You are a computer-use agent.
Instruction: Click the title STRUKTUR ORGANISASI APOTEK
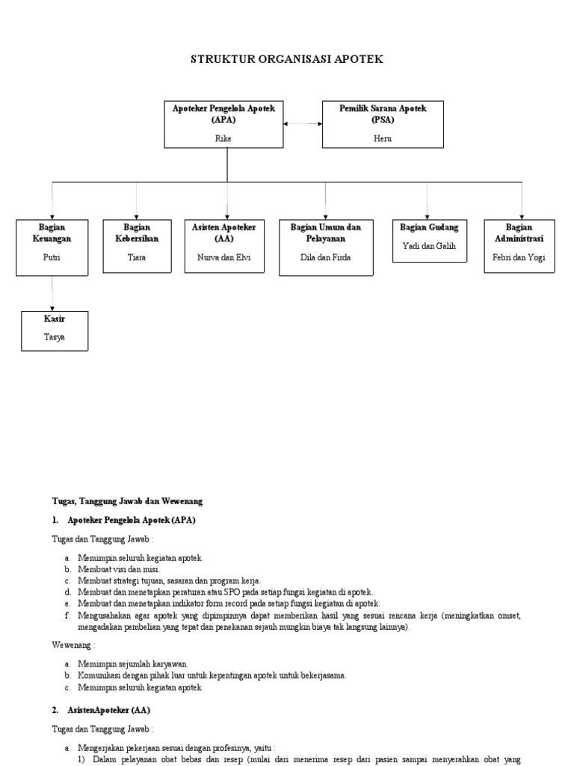pos(287,59)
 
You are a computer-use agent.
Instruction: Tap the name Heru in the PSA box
pos(382,138)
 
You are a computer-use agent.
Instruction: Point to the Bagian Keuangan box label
pos(52,233)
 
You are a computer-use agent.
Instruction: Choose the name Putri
pos(52,257)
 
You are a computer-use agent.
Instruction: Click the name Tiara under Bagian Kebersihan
pos(137,257)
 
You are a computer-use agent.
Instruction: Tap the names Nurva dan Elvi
pos(226,257)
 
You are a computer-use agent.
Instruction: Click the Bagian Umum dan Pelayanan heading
pos(325,233)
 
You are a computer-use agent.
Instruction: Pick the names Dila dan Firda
pos(325,257)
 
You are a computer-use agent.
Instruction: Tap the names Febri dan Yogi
pos(519,257)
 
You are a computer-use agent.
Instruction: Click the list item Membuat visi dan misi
pos(118,569)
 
